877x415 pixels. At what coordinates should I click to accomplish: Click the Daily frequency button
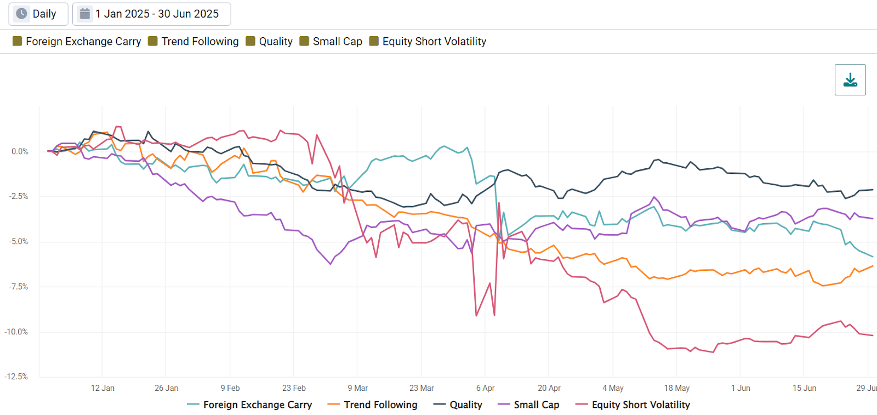[x=38, y=14]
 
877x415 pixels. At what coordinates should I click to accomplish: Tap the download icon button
[x=850, y=80]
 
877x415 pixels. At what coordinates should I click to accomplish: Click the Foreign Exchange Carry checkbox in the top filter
[x=18, y=41]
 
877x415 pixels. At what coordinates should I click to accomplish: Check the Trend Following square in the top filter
[x=153, y=41]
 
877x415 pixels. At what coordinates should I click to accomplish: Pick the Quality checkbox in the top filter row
[x=250, y=41]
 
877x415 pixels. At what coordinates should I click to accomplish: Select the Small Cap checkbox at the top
[x=304, y=41]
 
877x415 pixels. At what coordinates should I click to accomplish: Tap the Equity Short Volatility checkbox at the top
[x=374, y=41]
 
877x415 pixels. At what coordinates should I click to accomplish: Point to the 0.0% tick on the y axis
[x=20, y=151]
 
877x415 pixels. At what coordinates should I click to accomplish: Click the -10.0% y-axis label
[x=16, y=332]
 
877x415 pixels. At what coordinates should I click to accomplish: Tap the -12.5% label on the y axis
[x=16, y=377]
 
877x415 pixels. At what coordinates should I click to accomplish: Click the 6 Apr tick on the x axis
[x=485, y=388]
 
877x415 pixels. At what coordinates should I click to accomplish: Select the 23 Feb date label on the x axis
[x=294, y=388]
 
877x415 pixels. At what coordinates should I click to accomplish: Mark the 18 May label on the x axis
[x=676, y=388]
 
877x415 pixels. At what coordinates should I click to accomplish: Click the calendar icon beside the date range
[x=85, y=14]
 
